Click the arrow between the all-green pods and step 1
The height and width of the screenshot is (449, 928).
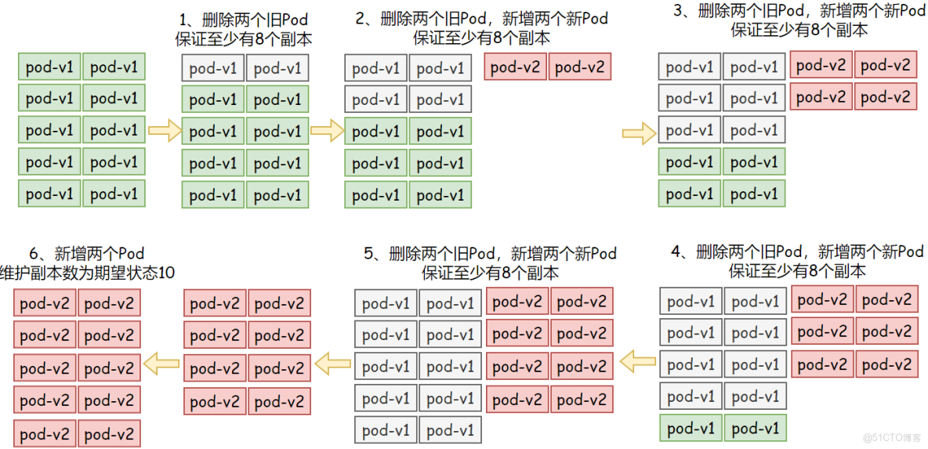[x=164, y=131]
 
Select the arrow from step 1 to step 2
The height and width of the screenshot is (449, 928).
[x=327, y=131]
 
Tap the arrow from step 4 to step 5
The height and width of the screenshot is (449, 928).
[x=638, y=361]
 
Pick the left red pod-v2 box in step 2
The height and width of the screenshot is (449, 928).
[x=517, y=67]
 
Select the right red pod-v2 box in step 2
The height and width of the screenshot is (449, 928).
[x=581, y=67]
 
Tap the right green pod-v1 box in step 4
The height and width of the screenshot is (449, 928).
[x=755, y=428]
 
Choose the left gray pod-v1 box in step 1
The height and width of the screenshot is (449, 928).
[x=213, y=68]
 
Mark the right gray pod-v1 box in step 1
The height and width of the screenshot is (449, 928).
[x=277, y=68]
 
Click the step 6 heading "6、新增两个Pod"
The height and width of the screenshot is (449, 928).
[x=87, y=254]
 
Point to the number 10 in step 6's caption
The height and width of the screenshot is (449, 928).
[x=166, y=273]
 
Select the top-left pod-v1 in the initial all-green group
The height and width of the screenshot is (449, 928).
[x=49, y=67]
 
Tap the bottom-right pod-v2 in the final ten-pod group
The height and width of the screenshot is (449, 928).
[x=109, y=434]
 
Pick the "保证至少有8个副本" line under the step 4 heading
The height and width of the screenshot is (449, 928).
[x=797, y=271]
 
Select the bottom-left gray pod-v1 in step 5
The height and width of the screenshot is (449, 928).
[x=386, y=430]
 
